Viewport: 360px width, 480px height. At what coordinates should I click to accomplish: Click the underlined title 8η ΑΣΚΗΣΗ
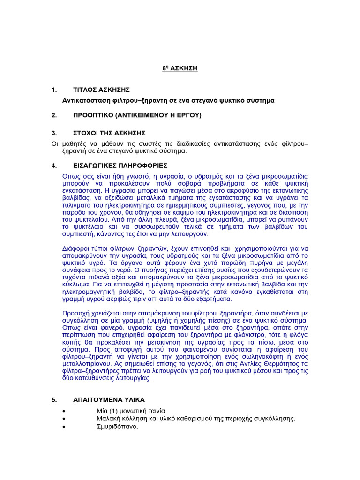[180, 68]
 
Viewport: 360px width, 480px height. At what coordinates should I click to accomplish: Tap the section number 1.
[54, 90]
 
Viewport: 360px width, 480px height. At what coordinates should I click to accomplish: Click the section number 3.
[54, 133]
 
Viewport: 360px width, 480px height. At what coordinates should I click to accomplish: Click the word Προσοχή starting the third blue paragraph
[76, 313]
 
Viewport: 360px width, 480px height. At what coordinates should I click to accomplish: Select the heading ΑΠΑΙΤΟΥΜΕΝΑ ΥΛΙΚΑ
[109, 400]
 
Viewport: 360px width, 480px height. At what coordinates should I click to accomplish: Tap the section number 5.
[54, 400]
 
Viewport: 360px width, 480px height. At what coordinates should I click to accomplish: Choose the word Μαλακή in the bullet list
[107, 419]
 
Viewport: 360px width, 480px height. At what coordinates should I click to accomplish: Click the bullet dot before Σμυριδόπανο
[64, 427]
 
